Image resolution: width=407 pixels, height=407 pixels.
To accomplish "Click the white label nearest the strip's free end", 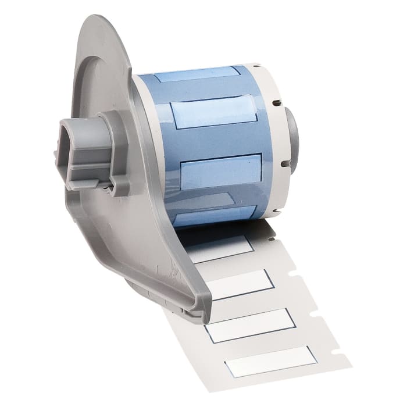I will tap(271, 362).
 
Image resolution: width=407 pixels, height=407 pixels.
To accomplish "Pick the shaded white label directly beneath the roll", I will tap(219, 248).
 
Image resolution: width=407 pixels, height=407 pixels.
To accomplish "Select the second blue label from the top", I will tap(206, 112).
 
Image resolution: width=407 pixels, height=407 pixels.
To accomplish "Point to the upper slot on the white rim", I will tap(277, 103).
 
